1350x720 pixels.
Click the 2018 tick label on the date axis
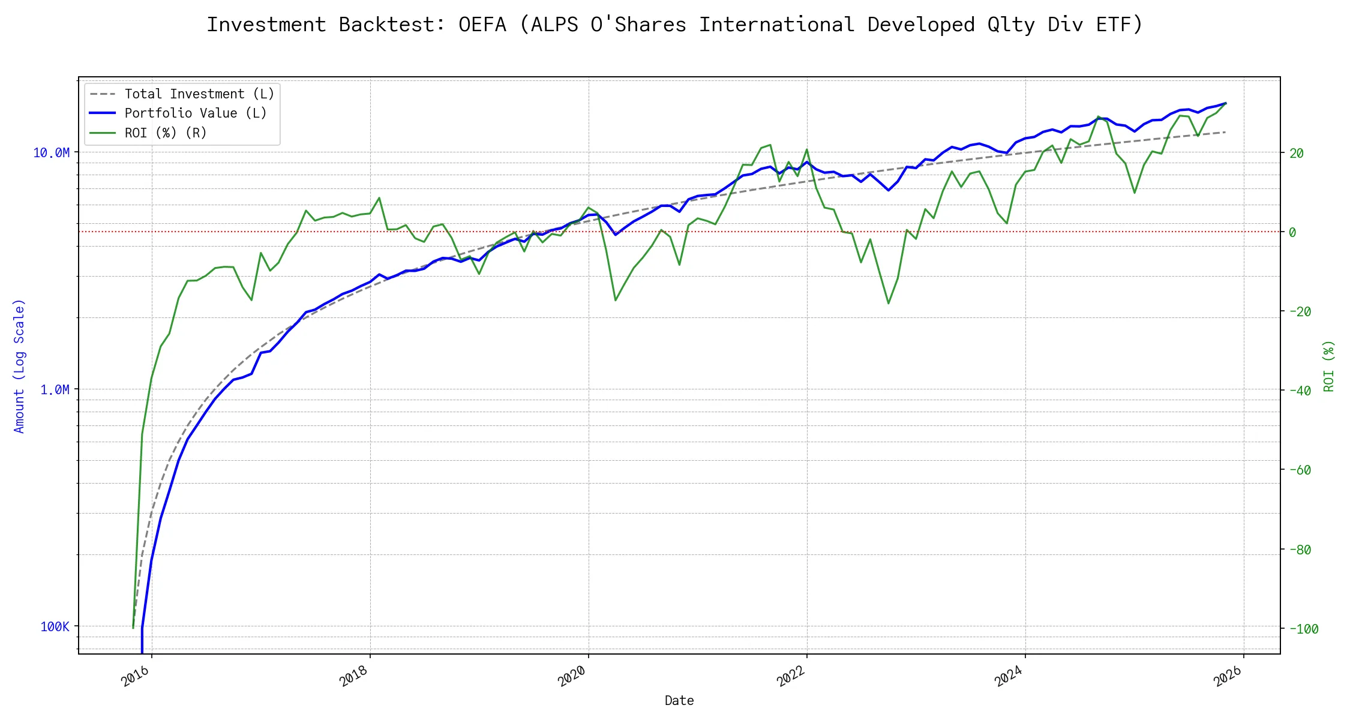click(x=353, y=676)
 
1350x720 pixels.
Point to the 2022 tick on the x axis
click(x=790, y=676)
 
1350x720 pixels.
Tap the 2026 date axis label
click(x=1227, y=676)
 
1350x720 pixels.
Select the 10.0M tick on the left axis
click(x=52, y=153)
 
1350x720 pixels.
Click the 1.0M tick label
click(x=55, y=390)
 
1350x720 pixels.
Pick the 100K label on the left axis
click(x=55, y=627)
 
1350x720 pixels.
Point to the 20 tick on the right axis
click(x=1297, y=154)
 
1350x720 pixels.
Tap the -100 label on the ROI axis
click(x=1303, y=629)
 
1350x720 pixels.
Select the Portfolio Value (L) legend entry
click(x=196, y=113)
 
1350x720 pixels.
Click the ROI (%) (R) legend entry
click(x=166, y=133)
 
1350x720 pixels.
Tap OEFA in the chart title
click(x=482, y=25)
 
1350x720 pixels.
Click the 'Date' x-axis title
click(x=679, y=701)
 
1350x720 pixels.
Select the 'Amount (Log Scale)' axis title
click(x=19, y=366)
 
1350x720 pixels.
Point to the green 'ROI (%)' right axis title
click(x=1329, y=366)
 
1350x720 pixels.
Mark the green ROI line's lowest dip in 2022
click(x=889, y=304)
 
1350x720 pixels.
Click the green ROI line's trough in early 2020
click(x=616, y=300)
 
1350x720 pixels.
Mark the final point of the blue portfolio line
click(x=1225, y=103)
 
